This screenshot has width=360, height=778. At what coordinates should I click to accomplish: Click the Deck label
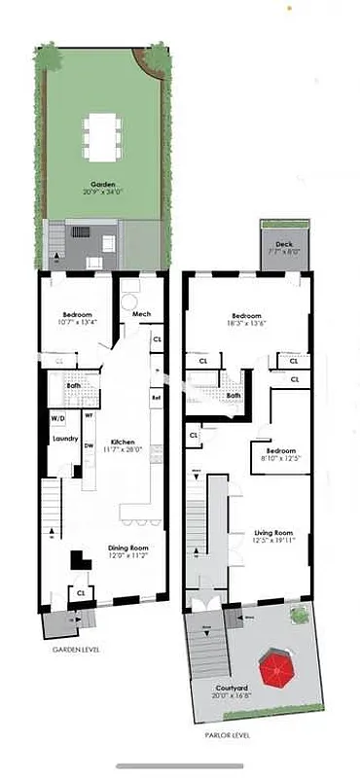click(283, 245)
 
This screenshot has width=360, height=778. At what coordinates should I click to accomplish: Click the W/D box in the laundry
click(59, 419)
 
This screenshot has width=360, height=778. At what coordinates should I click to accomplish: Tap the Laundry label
click(65, 439)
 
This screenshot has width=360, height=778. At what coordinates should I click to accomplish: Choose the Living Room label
click(275, 533)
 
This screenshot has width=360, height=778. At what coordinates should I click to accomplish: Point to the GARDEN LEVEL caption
click(77, 650)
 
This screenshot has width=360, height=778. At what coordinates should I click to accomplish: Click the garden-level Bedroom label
click(78, 315)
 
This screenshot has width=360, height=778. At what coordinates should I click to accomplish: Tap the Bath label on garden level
click(74, 386)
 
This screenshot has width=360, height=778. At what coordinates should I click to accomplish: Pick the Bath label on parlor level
click(234, 396)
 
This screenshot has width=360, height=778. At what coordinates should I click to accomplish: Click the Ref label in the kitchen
click(156, 397)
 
